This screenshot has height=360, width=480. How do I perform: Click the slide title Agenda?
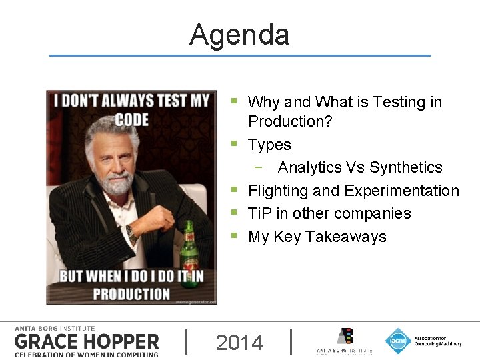point(239,35)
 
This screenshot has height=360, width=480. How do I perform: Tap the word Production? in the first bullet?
point(290,121)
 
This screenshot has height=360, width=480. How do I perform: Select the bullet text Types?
point(269,145)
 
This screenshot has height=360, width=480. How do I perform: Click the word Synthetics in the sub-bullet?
point(405,167)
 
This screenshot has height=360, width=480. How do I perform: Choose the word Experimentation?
point(401,191)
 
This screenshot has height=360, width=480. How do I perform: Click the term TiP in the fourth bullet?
point(260,213)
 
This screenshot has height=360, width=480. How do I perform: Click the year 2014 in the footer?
point(239,343)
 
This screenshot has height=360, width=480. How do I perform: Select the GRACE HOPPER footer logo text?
point(87,342)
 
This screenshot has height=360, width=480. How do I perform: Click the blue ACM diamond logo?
point(398,341)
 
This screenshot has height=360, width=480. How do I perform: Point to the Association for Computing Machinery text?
point(437,341)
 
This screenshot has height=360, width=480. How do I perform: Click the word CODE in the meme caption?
point(131,119)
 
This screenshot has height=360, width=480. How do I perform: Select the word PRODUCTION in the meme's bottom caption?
point(131,293)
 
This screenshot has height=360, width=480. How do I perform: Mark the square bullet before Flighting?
point(234,191)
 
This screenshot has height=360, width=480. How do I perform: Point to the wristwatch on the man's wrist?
point(131,233)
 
